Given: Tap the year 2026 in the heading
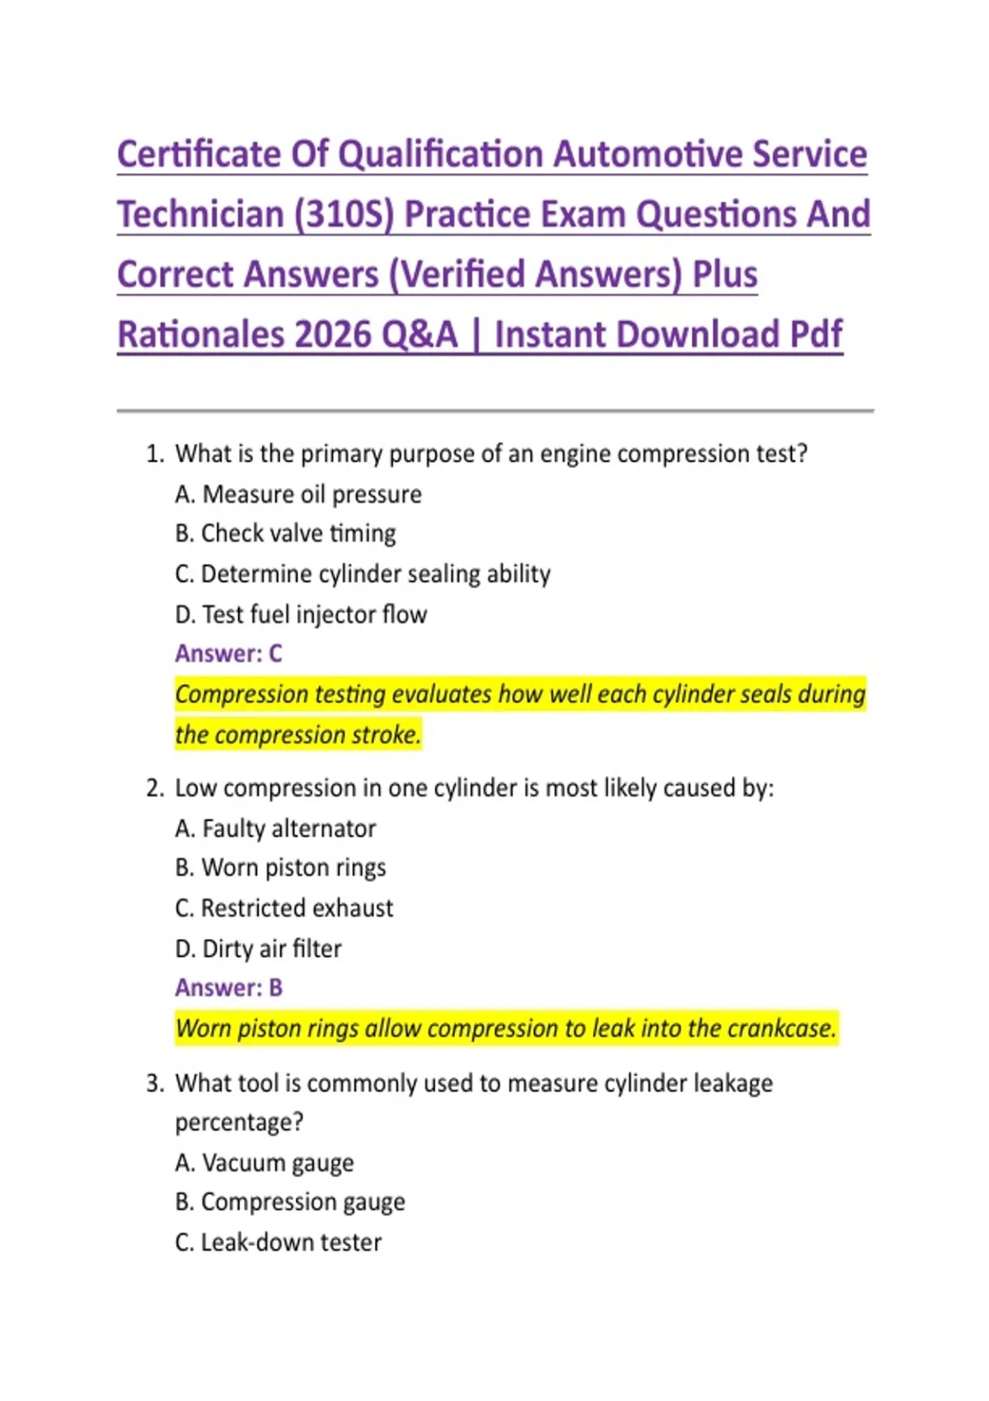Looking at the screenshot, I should tap(332, 335).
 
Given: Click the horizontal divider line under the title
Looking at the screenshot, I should tap(494, 410).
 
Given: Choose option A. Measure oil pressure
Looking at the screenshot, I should tap(298, 494).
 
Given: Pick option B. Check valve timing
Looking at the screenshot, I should tap(285, 534).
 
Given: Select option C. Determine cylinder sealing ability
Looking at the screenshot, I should tap(363, 574).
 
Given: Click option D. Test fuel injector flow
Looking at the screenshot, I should tap(301, 615).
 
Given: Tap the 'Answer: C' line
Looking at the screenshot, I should tap(228, 654).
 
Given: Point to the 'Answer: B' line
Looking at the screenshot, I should tap(228, 987).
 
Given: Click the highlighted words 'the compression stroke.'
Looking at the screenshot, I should tap(298, 734).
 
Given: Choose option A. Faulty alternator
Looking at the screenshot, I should tap(275, 828).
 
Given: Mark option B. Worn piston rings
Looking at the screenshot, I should tap(280, 868).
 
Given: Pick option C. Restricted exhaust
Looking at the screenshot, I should tap(284, 908).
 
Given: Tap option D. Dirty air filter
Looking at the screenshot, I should tap(258, 949).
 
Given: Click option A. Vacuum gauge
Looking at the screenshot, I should tap(265, 1163).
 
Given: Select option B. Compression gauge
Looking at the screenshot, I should tap(290, 1202).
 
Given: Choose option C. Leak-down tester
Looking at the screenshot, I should tap(279, 1243).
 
